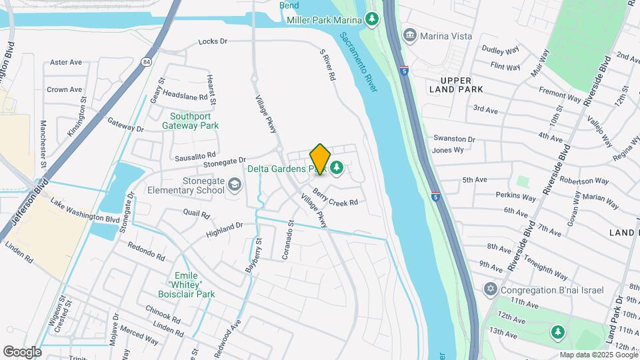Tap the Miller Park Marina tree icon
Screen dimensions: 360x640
(x=373, y=20)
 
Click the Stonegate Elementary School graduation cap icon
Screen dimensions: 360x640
(x=234, y=184)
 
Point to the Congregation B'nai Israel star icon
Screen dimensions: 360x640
(x=491, y=289)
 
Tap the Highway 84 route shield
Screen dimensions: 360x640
(x=146, y=61)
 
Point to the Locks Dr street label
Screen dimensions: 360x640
(x=213, y=41)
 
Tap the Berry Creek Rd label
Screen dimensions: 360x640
(x=335, y=196)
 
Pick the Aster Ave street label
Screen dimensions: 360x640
(x=66, y=62)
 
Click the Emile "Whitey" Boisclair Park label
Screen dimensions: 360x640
(x=183, y=284)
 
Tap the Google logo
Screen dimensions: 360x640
(x=22, y=351)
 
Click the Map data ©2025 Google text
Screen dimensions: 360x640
(x=597, y=355)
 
